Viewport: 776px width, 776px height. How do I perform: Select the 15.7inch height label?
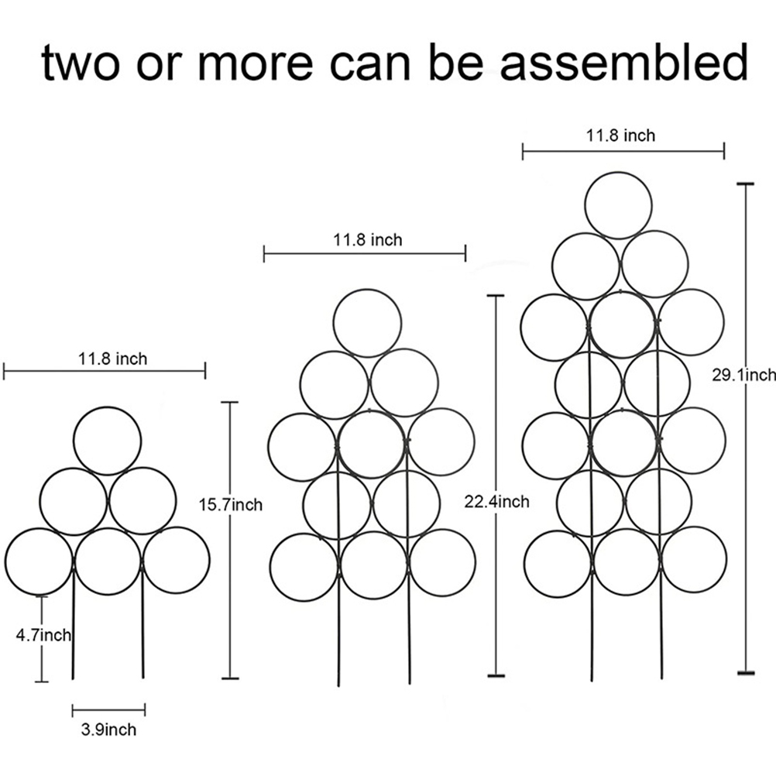pyautogui.click(x=231, y=505)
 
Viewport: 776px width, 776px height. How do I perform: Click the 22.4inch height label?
pyautogui.click(x=497, y=502)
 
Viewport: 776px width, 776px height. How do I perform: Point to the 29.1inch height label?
pyautogui.click(x=743, y=375)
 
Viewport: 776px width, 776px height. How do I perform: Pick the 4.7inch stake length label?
pyautogui.click(x=43, y=634)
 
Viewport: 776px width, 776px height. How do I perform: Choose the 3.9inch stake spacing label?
pyautogui.click(x=108, y=730)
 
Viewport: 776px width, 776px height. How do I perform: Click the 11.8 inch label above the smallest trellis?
pyautogui.click(x=113, y=359)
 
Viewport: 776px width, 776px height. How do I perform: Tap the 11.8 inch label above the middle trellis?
pyautogui.click(x=368, y=240)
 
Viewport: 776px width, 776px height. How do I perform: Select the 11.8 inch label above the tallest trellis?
pyautogui.click(x=620, y=135)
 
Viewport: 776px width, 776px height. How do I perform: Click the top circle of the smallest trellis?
pyautogui.click(x=108, y=407)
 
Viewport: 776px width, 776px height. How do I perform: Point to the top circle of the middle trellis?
pyautogui.click(x=367, y=290)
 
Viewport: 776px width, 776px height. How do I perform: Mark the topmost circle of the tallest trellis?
pyautogui.click(x=618, y=173)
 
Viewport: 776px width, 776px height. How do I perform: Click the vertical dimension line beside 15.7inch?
pyautogui.click(x=230, y=540)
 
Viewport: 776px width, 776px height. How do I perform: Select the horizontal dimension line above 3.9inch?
pyautogui.click(x=108, y=711)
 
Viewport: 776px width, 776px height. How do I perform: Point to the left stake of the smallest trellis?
pyautogui.click(x=74, y=623)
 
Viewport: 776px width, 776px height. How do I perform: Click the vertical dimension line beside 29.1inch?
pyautogui.click(x=746, y=428)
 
